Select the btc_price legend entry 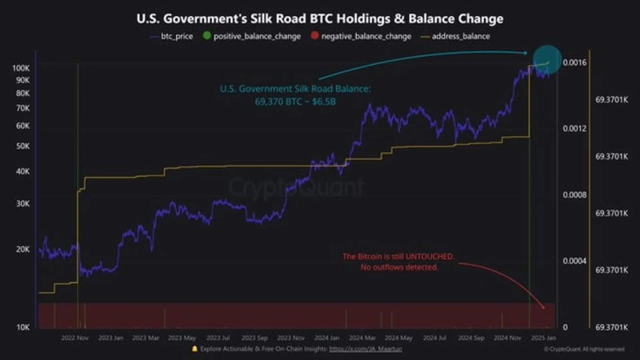[171, 36]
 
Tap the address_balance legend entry [459, 36]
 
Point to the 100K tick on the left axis [21, 68]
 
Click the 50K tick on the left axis [22, 146]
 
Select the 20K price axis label [22, 249]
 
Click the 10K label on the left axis [22, 327]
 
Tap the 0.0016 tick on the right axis [574, 62]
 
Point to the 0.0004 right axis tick [574, 261]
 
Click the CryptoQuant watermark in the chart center [296, 188]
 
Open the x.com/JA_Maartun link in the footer [365, 350]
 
